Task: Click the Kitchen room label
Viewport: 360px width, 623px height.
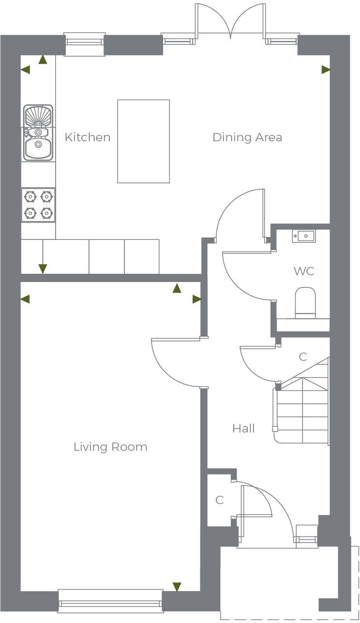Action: coord(88,137)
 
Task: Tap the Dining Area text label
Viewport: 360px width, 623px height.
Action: coord(247,137)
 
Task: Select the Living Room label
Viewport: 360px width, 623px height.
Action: coord(110,447)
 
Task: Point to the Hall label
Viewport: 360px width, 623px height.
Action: coord(243,429)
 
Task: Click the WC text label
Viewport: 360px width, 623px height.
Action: coord(304,271)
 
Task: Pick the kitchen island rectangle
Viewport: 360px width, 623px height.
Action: coord(144,141)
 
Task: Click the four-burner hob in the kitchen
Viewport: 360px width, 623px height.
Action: coord(38,205)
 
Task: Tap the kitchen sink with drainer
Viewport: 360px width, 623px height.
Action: coord(38,132)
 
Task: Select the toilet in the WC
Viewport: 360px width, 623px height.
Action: coord(305,303)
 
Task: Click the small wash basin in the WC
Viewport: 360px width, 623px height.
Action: coord(304,236)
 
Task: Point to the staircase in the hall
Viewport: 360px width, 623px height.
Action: coord(302,411)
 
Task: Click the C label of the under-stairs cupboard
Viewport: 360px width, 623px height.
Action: coord(303,357)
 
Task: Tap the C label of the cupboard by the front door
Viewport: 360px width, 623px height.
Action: coord(220,500)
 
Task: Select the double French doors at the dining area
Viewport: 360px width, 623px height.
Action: coord(231,22)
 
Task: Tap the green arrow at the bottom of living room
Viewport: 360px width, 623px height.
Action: coord(177,587)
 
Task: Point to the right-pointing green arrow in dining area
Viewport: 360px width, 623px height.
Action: coord(326,70)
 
